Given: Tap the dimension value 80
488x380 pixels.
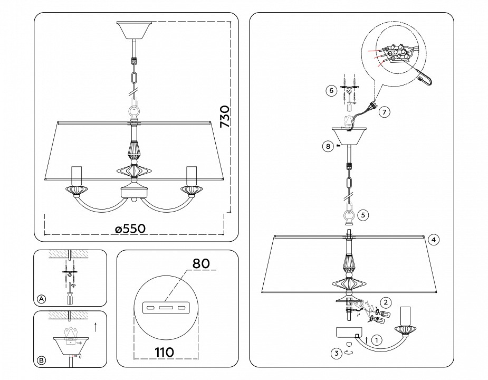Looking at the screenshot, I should point(201,262).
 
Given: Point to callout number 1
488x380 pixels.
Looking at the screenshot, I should point(376,340).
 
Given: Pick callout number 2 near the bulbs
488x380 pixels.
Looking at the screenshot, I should point(386,302).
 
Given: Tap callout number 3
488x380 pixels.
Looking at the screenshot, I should point(335,354).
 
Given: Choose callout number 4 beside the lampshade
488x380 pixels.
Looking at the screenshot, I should point(433,240).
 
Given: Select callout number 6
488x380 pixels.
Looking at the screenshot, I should point(331,90).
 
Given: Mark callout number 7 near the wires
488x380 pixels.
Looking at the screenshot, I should point(385,111).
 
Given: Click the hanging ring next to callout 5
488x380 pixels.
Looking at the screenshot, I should point(348,215).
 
